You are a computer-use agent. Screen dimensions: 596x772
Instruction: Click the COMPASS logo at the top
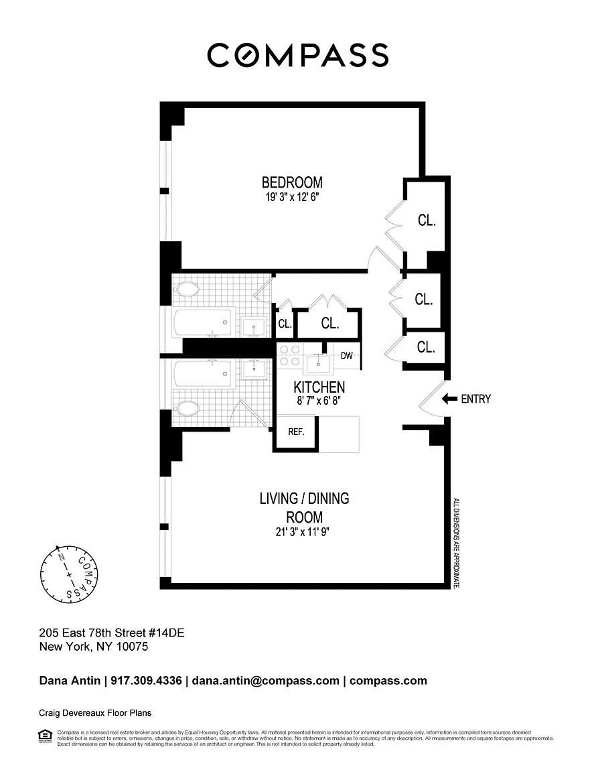pyautogui.click(x=297, y=55)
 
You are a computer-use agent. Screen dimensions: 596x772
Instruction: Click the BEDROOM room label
pyautogui.click(x=291, y=182)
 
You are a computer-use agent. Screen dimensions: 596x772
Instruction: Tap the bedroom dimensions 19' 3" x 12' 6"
pyautogui.click(x=291, y=198)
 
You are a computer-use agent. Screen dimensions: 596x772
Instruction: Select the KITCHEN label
pyautogui.click(x=319, y=387)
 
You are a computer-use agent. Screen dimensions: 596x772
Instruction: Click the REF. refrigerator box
pyautogui.click(x=296, y=432)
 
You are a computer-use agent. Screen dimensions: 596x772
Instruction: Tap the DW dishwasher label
pyautogui.click(x=346, y=356)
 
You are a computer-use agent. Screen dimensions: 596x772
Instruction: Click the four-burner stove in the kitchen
pyautogui.click(x=289, y=355)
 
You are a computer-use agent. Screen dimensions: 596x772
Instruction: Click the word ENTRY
pyautogui.click(x=475, y=399)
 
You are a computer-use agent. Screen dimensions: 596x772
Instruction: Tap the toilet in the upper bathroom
pyautogui.click(x=187, y=291)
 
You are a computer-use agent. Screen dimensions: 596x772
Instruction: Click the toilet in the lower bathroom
pyautogui.click(x=187, y=408)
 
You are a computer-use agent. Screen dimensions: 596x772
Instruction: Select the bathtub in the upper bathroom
pyautogui.click(x=204, y=323)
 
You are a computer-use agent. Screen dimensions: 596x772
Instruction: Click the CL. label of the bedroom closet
pyautogui.click(x=427, y=220)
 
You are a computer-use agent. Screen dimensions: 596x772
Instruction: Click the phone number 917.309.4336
pyautogui.click(x=145, y=681)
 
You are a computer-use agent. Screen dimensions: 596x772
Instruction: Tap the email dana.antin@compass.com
pyautogui.click(x=266, y=681)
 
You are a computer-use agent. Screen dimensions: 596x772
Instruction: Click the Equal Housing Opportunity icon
pyautogui.click(x=45, y=736)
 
